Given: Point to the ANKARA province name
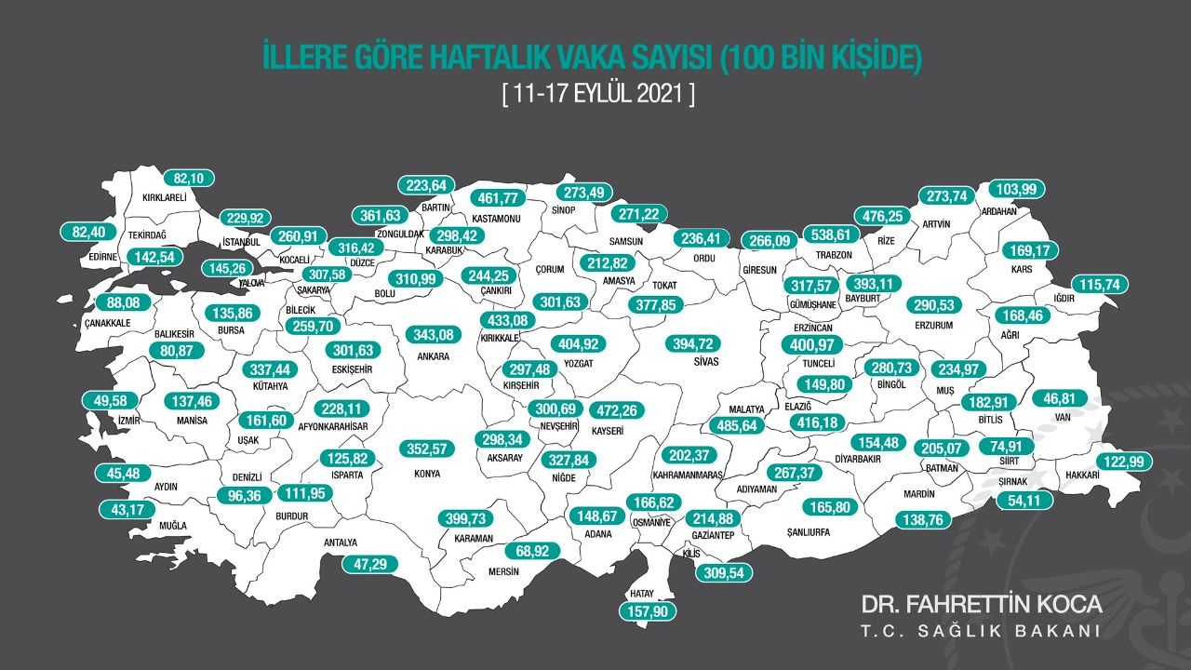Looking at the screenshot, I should click(434, 355).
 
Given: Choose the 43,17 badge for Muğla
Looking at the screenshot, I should click(129, 509).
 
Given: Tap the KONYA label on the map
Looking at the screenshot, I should click(425, 473).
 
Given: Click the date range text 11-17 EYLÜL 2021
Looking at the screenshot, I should click(597, 94).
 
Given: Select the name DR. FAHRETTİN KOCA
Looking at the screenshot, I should click(981, 604).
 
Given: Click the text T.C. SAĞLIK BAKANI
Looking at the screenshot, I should click(981, 631).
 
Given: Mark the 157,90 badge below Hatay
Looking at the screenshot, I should click(649, 611).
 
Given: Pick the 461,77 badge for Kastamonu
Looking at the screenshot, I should click(497, 197).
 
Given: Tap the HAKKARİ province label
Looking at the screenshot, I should click(1079, 475).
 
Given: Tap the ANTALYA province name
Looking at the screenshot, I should click(340, 543).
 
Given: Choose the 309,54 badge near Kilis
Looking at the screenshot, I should click(720, 572).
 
